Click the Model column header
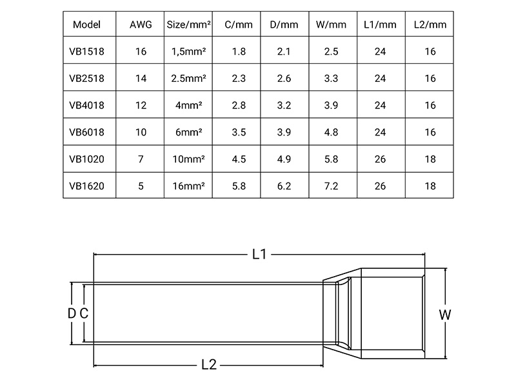tap(87, 25)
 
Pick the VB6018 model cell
tap(87, 132)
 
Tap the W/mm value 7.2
tap(332, 185)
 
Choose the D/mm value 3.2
tap(284, 105)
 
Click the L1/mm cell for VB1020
tap(380, 159)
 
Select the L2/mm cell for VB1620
tap(429, 185)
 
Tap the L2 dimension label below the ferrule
tap(208, 365)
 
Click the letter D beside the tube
tap(72, 313)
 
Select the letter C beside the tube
tap(83, 313)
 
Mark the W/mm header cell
tap(332, 25)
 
